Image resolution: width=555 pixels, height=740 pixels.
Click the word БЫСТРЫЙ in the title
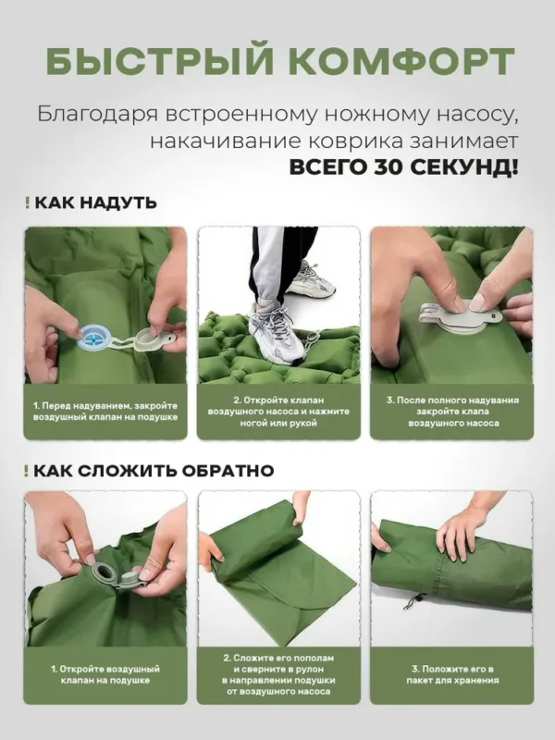coord(158,62)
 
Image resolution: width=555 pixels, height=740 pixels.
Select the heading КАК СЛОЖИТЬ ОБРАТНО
coord(154,471)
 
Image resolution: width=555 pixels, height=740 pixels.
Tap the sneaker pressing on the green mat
coord(276,333)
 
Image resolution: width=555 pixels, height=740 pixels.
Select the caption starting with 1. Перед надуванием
coord(105,412)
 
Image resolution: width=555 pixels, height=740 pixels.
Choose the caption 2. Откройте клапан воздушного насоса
coord(278,412)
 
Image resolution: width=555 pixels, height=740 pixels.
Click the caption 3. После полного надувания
coord(453,412)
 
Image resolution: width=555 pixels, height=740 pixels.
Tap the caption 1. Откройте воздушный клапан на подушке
coord(105,674)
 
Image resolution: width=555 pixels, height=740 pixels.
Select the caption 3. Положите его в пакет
coord(453,674)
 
